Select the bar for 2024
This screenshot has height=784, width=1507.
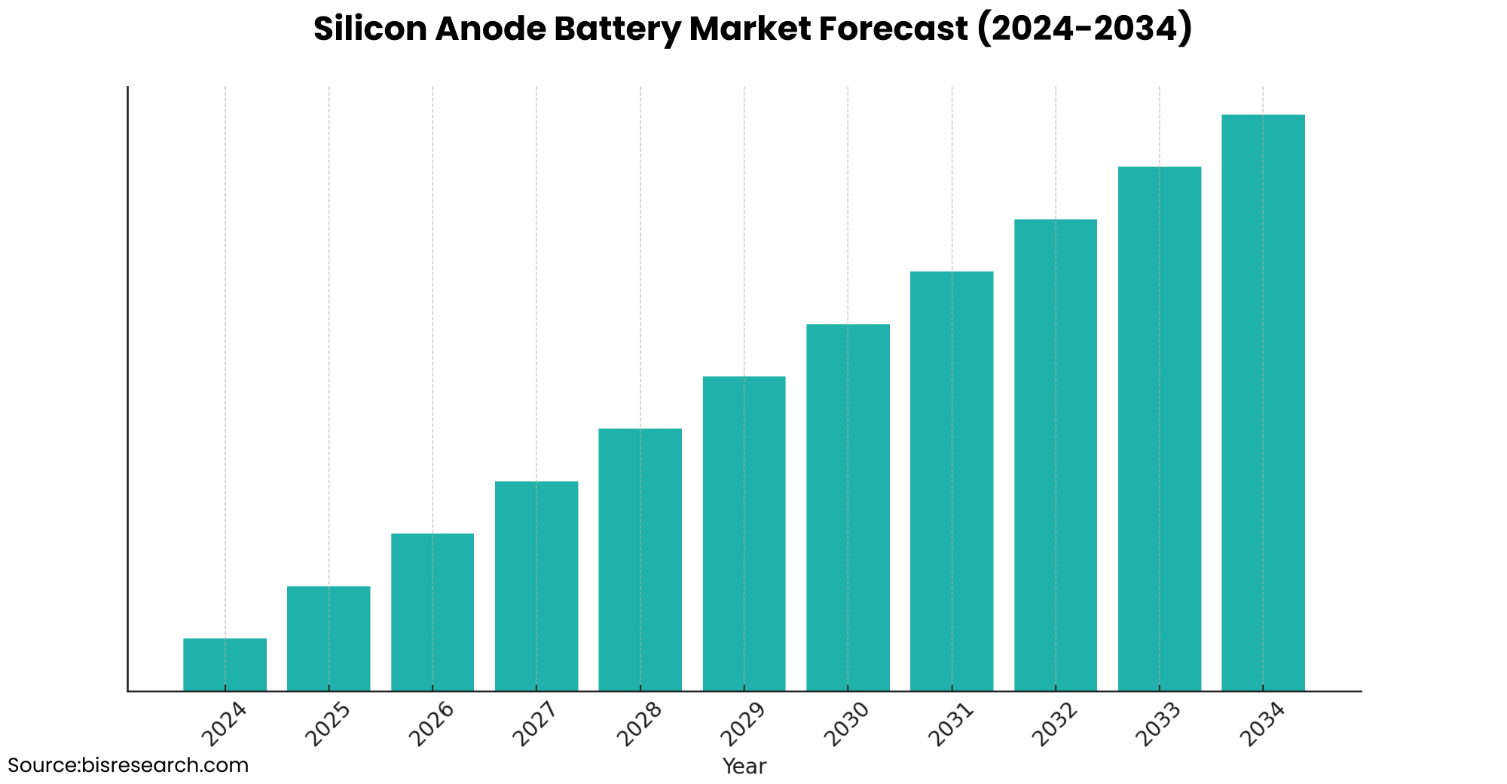(225, 664)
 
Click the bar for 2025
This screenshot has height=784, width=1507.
(329, 638)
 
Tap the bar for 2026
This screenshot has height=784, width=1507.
(433, 611)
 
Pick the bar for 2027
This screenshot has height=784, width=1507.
(536, 586)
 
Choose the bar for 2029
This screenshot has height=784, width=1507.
(744, 533)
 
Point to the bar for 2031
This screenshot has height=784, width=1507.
(952, 480)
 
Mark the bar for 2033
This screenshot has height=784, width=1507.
(1159, 428)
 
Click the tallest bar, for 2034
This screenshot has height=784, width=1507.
(1263, 403)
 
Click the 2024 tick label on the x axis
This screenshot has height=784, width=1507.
(225, 724)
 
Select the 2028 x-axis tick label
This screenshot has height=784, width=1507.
(640, 724)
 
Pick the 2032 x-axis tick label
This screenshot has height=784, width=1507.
(1055, 724)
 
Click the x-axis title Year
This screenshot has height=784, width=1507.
(744, 767)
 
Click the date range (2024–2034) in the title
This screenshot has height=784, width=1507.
(1084, 29)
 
